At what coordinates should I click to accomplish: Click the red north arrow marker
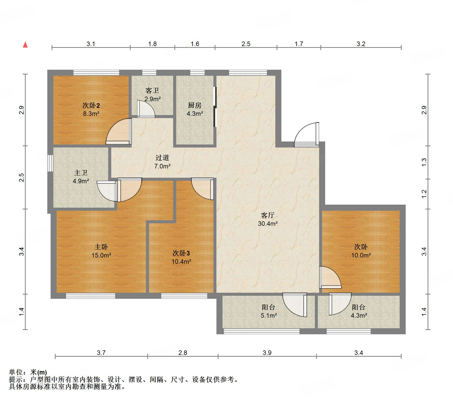click(25, 45)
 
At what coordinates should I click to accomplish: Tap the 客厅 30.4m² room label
click(268, 219)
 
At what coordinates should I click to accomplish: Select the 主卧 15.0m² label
click(101, 251)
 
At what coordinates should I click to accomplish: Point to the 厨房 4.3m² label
click(195, 109)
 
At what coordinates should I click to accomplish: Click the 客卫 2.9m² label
click(152, 95)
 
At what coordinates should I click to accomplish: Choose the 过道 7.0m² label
click(162, 162)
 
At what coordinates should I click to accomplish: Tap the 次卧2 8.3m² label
click(91, 109)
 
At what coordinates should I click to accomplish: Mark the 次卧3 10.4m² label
click(181, 257)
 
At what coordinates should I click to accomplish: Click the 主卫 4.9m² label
click(81, 177)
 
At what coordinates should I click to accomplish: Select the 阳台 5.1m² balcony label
click(269, 311)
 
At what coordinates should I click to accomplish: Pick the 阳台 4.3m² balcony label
click(359, 311)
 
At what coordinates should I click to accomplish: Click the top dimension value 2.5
click(246, 44)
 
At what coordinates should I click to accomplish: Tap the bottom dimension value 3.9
click(267, 353)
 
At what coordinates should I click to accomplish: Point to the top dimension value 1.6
click(195, 44)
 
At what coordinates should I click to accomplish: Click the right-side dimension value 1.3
click(424, 162)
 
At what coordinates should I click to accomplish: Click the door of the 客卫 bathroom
click(146, 109)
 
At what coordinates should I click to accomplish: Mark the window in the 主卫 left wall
click(50, 163)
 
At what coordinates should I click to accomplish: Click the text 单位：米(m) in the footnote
click(28, 372)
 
